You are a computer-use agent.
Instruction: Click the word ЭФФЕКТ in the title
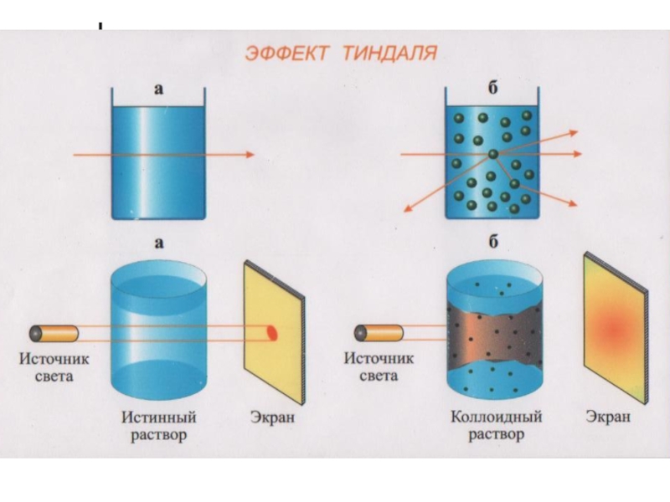coord(287,54)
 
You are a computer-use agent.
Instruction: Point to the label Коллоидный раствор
coord(497,424)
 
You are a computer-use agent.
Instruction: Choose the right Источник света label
coord(379,369)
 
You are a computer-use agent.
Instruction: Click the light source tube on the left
coord(54,334)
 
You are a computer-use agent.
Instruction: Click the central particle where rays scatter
coord(493,153)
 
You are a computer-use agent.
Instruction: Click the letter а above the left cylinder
coord(158,243)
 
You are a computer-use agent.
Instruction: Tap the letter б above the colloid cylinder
coord(494,243)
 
